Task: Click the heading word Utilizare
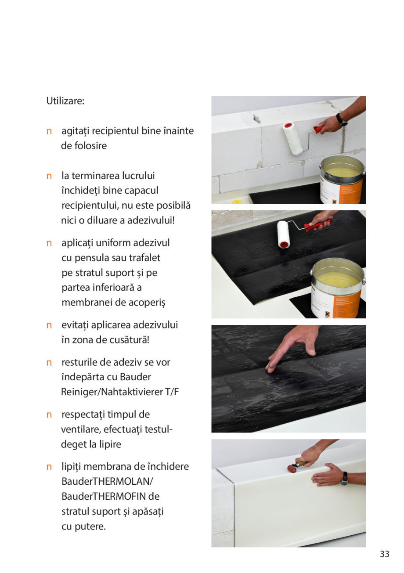pos(65,101)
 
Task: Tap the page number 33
pos(384,554)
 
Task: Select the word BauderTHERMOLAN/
pos(108,482)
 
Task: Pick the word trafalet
pos(144,258)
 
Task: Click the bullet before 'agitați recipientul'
pos(50,131)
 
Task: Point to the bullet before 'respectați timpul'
pos(50,414)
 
